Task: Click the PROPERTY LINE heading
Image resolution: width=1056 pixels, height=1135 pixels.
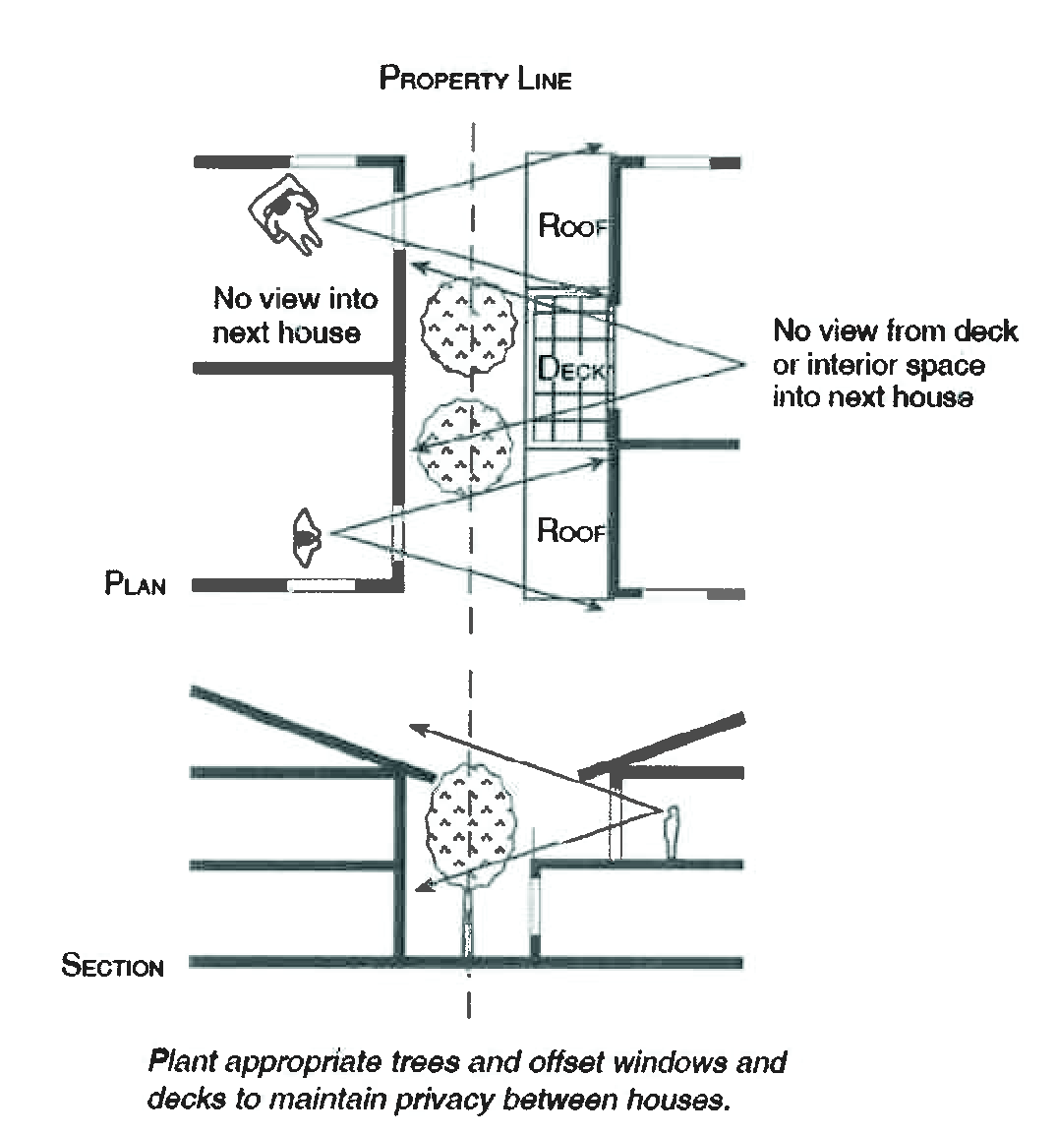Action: tap(475, 79)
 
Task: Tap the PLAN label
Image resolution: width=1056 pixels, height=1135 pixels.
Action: tap(135, 584)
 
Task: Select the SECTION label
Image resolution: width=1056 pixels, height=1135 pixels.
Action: tap(112, 966)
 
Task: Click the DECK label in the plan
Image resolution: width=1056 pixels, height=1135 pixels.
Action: tap(573, 369)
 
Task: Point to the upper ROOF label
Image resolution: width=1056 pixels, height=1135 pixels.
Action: tap(571, 225)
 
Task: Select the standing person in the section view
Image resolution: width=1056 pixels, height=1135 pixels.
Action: tap(673, 834)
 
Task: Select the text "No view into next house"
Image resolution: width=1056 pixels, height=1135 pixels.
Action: tap(295, 315)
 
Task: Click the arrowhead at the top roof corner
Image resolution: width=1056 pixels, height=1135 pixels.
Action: tap(595, 148)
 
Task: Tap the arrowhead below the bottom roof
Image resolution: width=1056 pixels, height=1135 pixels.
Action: tap(595, 609)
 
